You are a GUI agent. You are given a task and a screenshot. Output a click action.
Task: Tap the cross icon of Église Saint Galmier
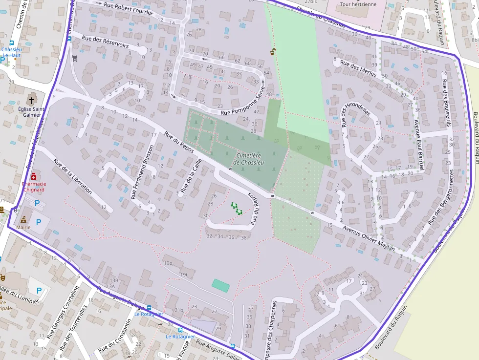click(32, 100)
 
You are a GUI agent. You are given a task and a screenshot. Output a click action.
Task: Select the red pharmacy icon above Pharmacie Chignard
click(33, 176)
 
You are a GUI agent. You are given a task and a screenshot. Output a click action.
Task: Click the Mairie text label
click(23, 227)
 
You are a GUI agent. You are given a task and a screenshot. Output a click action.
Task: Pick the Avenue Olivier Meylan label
click(369, 238)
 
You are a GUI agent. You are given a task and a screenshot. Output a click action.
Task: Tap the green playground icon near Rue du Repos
click(237, 209)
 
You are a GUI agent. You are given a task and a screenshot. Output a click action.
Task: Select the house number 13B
click(114, 280)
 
